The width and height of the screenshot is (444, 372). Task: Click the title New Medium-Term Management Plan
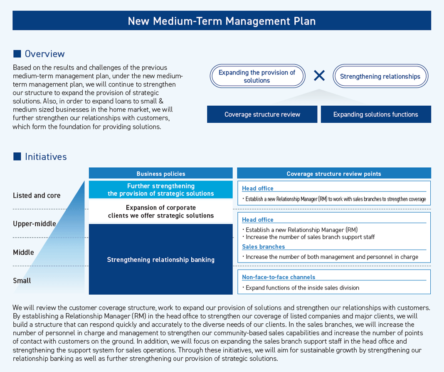click(x=222, y=21)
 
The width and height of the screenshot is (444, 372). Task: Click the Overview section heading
click(x=44, y=54)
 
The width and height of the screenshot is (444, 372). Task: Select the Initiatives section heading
click(x=46, y=156)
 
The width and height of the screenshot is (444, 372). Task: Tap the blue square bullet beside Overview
click(x=17, y=54)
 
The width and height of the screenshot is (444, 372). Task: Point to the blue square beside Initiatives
click(x=17, y=156)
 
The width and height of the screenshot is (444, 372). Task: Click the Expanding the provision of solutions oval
click(x=257, y=76)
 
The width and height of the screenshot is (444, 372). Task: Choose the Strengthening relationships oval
click(x=380, y=76)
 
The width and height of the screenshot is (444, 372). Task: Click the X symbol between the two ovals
click(x=319, y=75)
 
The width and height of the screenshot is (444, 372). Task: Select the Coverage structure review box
click(x=262, y=114)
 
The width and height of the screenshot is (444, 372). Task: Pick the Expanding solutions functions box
click(x=375, y=114)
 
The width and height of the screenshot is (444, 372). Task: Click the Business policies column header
click(x=161, y=174)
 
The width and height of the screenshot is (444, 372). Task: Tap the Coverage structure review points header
click(x=333, y=174)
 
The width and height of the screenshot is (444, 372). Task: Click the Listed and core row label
click(x=37, y=195)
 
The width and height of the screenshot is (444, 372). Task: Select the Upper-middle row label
click(x=35, y=223)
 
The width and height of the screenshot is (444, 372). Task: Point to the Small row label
click(x=22, y=280)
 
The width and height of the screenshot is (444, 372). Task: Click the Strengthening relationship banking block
click(x=161, y=260)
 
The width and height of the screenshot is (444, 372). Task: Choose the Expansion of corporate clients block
click(x=161, y=211)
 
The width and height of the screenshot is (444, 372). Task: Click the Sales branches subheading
click(x=263, y=247)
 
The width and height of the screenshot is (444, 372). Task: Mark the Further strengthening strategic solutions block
click(x=161, y=190)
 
